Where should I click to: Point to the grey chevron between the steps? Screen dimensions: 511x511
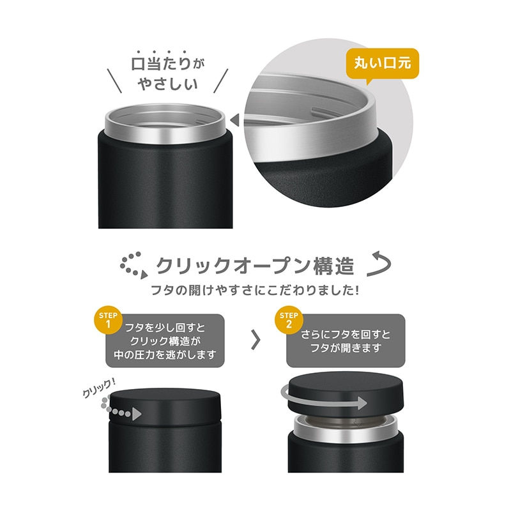tap(256, 340)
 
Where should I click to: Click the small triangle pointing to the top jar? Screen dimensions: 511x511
tap(234, 119)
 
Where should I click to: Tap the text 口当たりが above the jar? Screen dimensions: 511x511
tap(164, 65)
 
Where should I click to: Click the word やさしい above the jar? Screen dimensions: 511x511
tap(165, 84)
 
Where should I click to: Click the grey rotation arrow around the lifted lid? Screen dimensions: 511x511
tap(326, 401)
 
